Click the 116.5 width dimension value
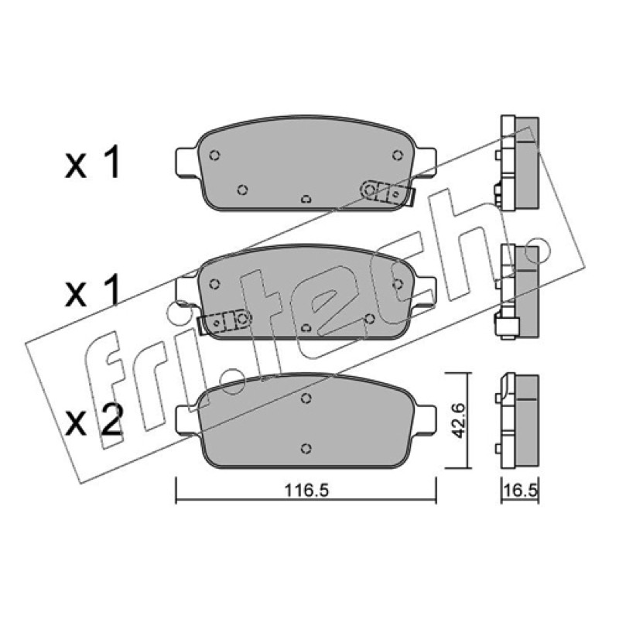[x=306, y=491]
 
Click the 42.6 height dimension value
[x=458, y=420]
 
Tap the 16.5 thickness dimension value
[x=520, y=491]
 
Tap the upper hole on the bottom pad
[x=306, y=398]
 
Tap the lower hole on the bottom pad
[x=306, y=449]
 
